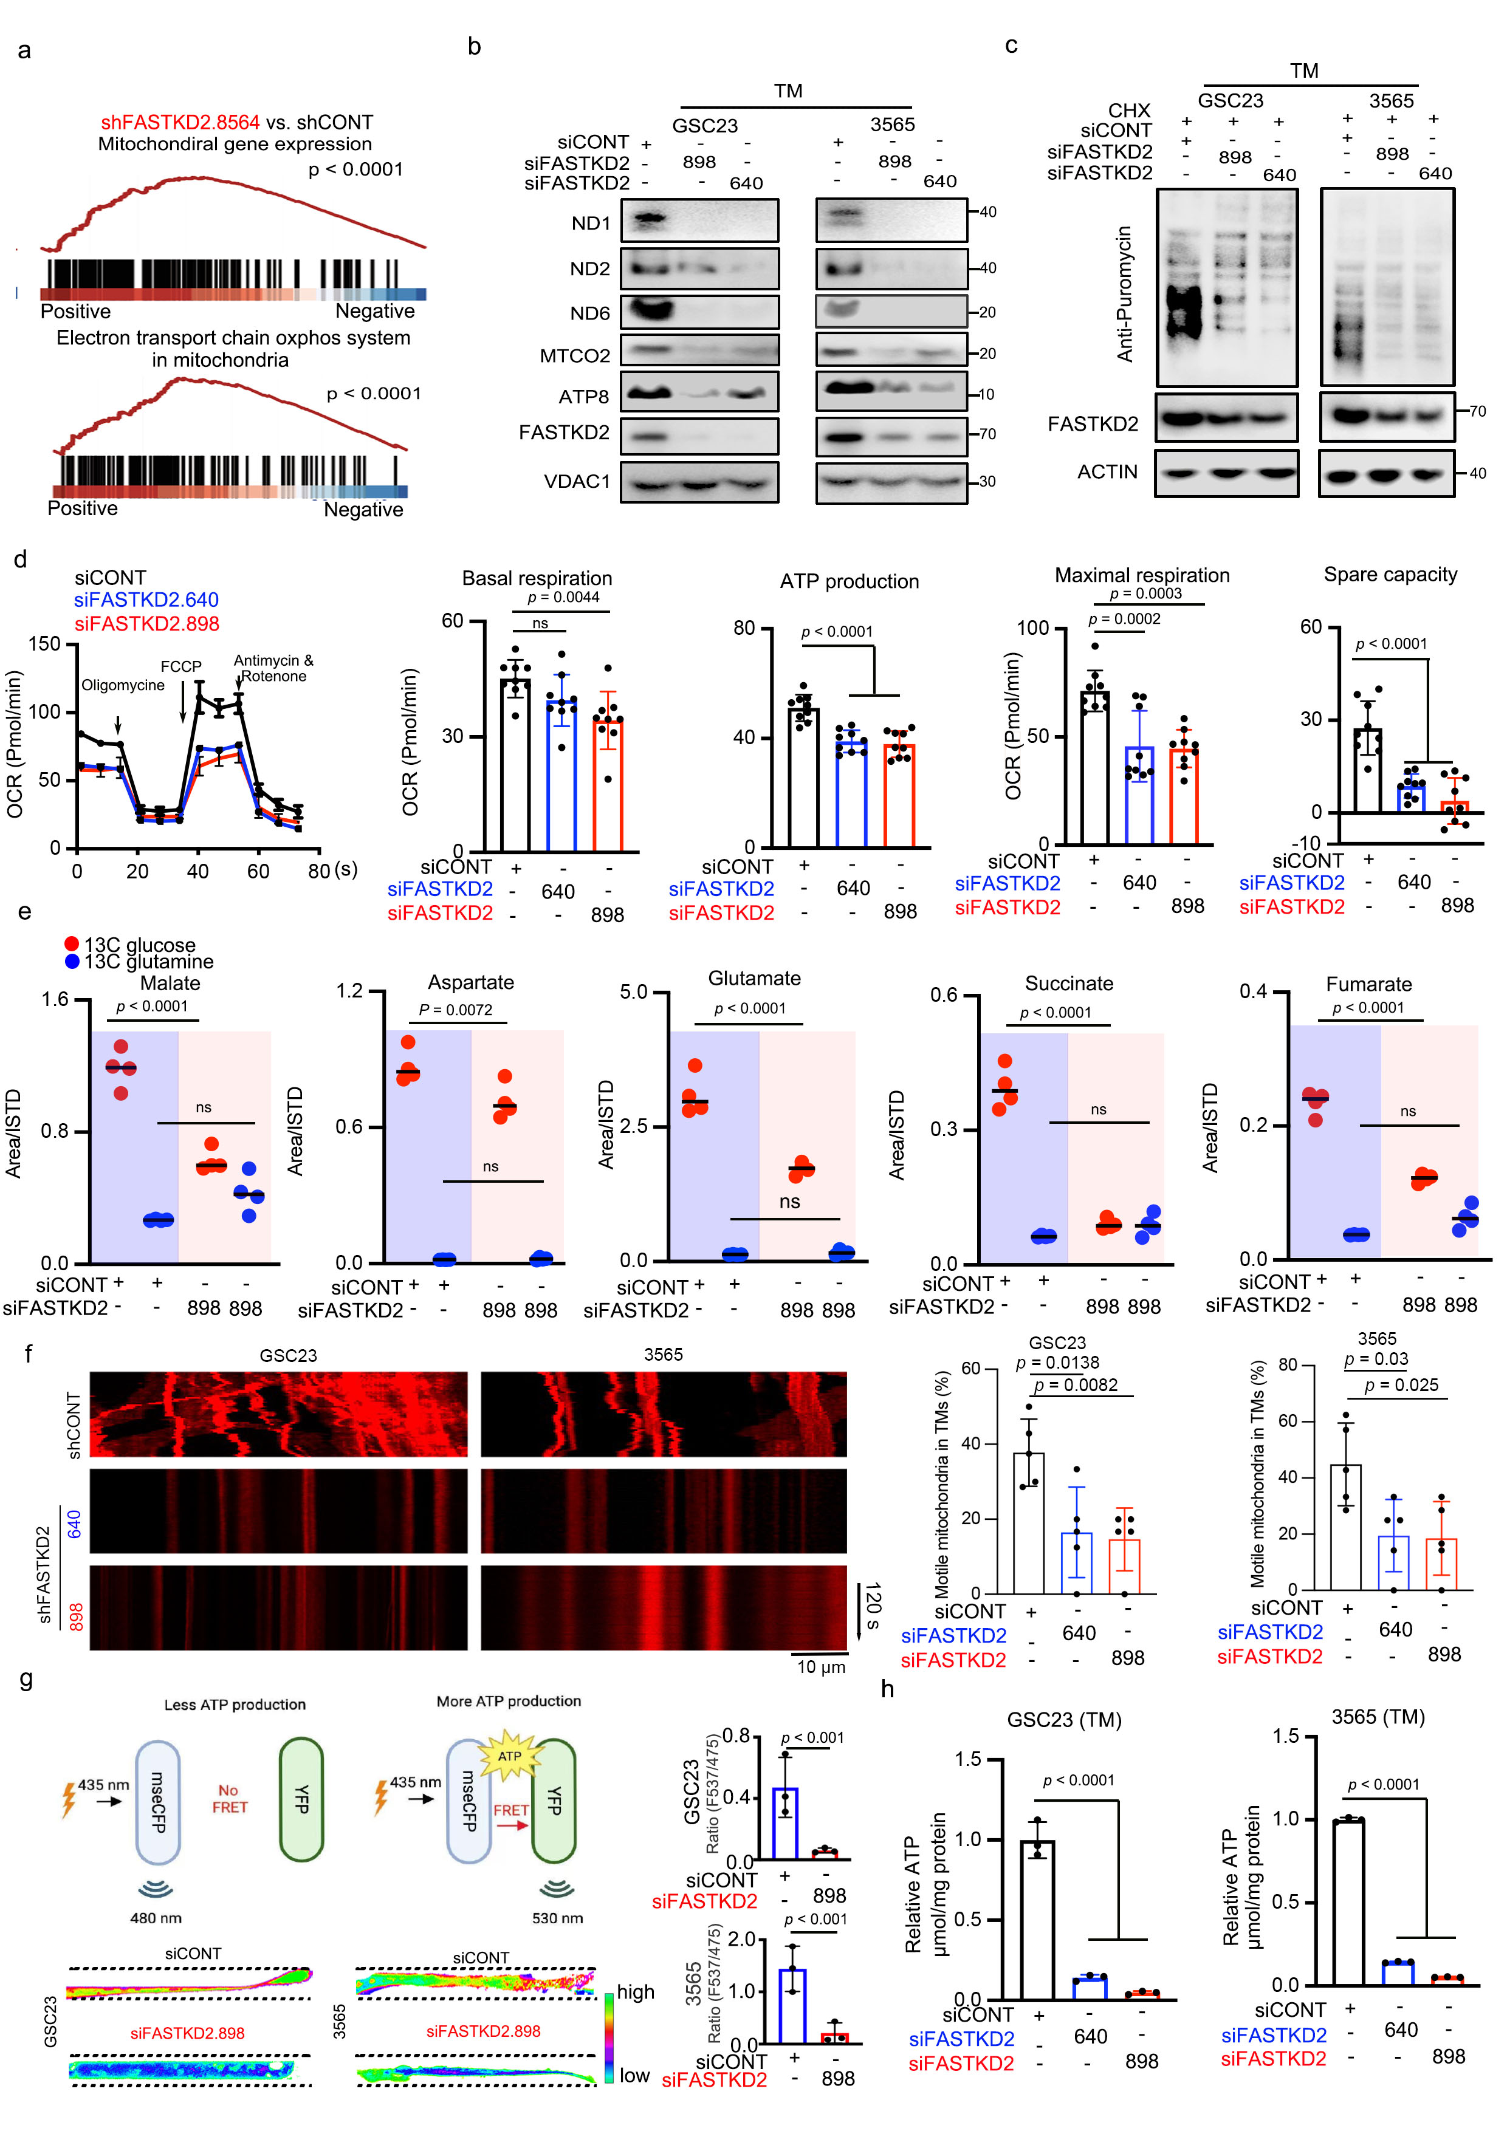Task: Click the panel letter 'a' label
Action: (x=24, y=50)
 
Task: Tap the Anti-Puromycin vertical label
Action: (x=1124, y=293)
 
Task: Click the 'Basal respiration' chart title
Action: (x=537, y=578)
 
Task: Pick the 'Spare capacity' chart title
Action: (x=1390, y=575)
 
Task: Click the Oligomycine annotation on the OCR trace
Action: (x=123, y=685)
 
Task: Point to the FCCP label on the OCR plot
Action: (x=181, y=666)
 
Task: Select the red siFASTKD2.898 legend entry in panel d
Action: (x=146, y=624)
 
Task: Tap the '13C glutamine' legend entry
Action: (x=148, y=962)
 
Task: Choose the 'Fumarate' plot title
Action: (x=1368, y=984)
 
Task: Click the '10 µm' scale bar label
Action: (x=821, y=1667)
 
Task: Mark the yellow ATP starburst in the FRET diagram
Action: (x=509, y=1755)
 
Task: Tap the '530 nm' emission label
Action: (x=557, y=1918)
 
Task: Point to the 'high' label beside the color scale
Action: (x=636, y=1992)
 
